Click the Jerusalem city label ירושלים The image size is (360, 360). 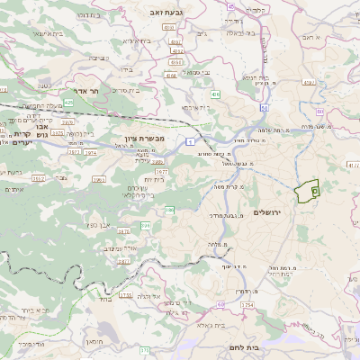pyautogui.click(x=268, y=211)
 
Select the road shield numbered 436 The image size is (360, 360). pyautogui.click(x=216, y=92)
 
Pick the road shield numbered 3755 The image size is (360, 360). pyautogui.click(x=125, y=294)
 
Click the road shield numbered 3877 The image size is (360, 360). pyautogui.click(x=123, y=231)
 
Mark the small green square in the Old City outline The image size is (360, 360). pyautogui.click(x=314, y=191)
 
